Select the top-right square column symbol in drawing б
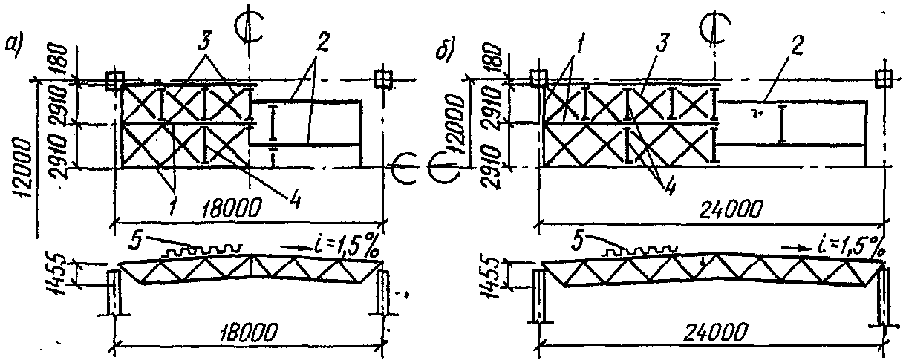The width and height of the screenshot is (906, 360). click(883, 78)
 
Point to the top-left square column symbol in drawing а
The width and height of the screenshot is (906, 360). click(114, 79)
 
